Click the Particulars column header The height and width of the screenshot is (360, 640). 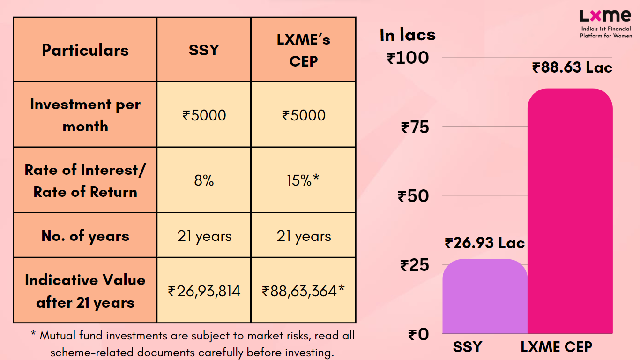click(x=85, y=50)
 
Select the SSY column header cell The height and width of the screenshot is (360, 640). click(x=204, y=50)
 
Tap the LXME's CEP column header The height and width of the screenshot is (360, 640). click(x=304, y=50)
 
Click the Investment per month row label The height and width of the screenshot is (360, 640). click(x=85, y=115)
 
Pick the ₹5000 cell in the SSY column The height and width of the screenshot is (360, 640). click(x=204, y=115)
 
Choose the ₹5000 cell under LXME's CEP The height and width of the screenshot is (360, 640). click(x=304, y=115)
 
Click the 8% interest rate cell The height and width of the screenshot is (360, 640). click(x=204, y=180)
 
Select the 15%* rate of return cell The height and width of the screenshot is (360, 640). click(x=304, y=180)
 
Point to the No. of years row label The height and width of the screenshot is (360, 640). click(x=85, y=236)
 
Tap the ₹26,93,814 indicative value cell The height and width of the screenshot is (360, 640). click(x=204, y=291)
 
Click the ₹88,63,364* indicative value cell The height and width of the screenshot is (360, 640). click(x=304, y=291)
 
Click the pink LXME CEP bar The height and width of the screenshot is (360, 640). click(x=570, y=211)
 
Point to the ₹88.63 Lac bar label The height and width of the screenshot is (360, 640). click(x=572, y=68)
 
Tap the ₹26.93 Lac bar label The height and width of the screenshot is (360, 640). click(x=485, y=243)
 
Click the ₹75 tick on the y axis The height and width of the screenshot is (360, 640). click(x=415, y=127)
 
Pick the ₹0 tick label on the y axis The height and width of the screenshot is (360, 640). click(x=418, y=335)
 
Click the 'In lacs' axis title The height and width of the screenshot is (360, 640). click(x=408, y=35)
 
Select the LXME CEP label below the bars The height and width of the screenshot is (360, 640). click(x=557, y=347)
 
